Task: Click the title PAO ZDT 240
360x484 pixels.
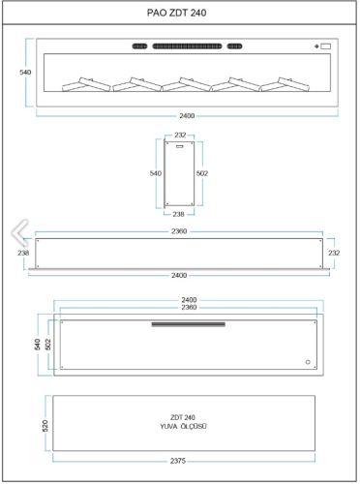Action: pyautogui.click(x=177, y=13)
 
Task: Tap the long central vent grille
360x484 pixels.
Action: pyautogui.click(x=187, y=46)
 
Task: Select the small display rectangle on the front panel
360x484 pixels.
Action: pyautogui.click(x=326, y=46)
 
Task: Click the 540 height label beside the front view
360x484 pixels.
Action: pyautogui.click(x=25, y=73)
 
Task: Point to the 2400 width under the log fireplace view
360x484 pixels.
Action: pyautogui.click(x=187, y=115)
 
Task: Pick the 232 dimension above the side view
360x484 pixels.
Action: pyautogui.click(x=180, y=135)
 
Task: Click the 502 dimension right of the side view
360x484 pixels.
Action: pyautogui.click(x=202, y=173)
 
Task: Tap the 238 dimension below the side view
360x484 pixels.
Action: pyautogui.click(x=178, y=214)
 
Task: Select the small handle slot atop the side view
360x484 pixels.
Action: pyautogui.click(x=179, y=146)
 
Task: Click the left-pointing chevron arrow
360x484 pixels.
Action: pyautogui.click(x=20, y=232)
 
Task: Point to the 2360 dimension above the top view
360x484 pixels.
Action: pyautogui.click(x=179, y=231)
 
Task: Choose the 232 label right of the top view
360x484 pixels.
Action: pyautogui.click(x=334, y=253)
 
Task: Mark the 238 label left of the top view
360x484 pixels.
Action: pyautogui.click(x=23, y=253)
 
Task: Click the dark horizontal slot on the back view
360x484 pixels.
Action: pyautogui.click(x=189, y=324)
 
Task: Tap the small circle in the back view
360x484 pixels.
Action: pyautogui.click(x=308, y=362)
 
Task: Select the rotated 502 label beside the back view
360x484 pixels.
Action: pyautogui.click(x=48, y=345)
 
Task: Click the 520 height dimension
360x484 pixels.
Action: pyautogui.click(x=45, y=426)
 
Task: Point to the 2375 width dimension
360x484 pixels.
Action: pyautogui.click(x=178, y=461)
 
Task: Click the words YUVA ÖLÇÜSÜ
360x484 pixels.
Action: pyautogui.click(x=183, y=426)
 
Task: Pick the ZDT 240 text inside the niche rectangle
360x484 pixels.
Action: pyautogui.click(x=183, y=417)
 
